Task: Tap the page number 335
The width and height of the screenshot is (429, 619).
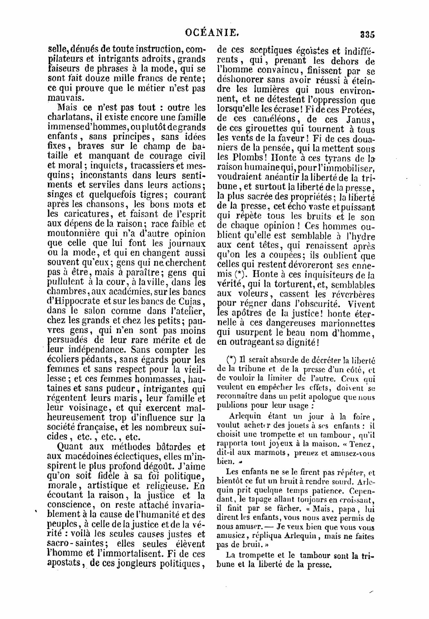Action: [368, 34]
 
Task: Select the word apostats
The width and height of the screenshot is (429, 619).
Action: [64, 564]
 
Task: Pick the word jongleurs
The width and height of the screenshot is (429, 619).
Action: [134, 564]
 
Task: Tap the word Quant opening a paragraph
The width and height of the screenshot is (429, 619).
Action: [70, 447]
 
